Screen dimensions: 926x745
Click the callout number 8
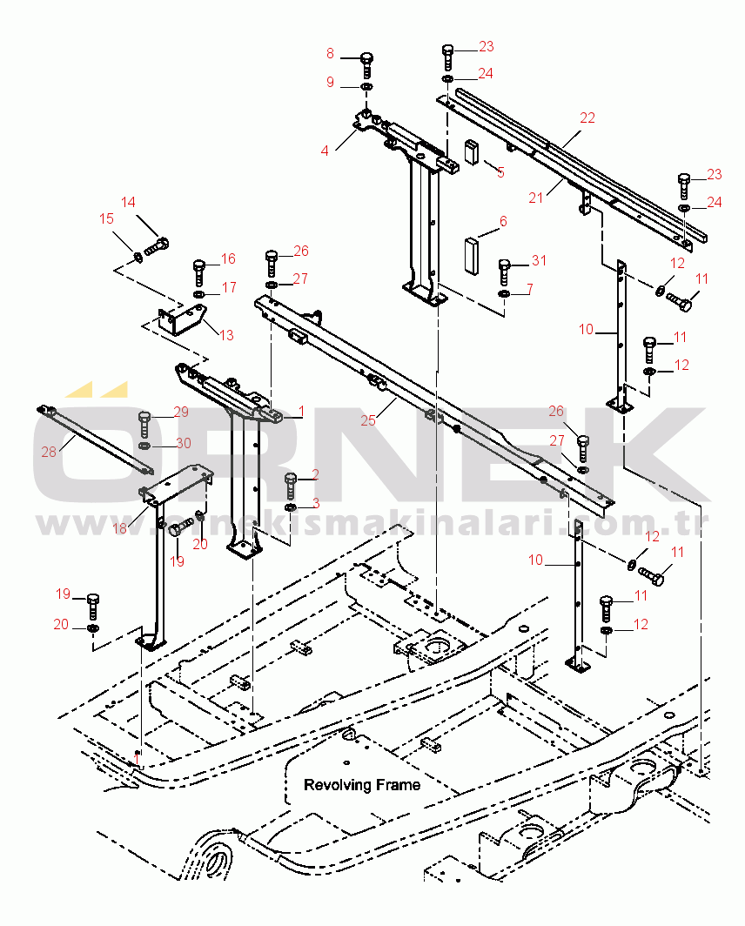330,54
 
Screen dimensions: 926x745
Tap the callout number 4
325,150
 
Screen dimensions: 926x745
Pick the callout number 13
226,335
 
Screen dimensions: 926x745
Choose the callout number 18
120,528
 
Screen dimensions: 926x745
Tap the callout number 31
539,261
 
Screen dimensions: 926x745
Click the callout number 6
503,222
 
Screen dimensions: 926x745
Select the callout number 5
500,171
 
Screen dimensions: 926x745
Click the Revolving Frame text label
361,785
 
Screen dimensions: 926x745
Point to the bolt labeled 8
367,64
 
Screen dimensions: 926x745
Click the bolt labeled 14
156,245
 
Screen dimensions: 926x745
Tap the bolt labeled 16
199,271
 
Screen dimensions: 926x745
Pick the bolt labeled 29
144,425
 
